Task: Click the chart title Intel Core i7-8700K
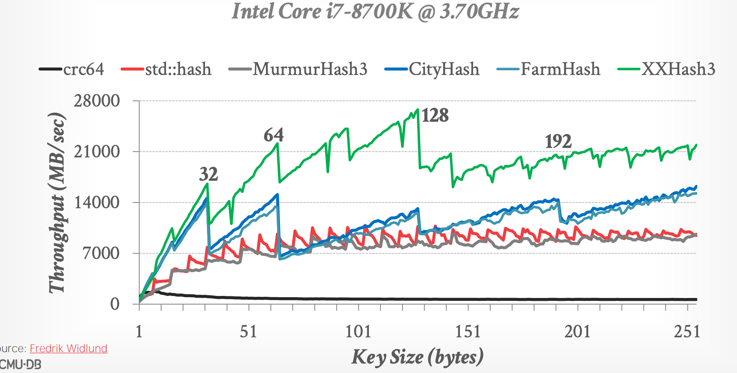tap(375, 11)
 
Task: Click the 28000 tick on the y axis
tap(97, 101)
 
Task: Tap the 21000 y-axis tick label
tap(97, 152)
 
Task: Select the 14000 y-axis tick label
tap(97, 202)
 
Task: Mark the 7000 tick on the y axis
tap(101, 253)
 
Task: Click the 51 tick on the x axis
tap(248, 331)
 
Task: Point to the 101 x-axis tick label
tap(358, 331)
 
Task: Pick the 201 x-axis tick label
tap(577, 331)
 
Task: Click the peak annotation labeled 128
tap(435, 116)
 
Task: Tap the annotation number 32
tap(208, 175)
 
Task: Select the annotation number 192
tap(558, 142)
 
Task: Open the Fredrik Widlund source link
tap(68, 348)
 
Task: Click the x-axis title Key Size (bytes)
tap(417, 357)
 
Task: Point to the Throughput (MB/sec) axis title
tap(57, 202)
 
